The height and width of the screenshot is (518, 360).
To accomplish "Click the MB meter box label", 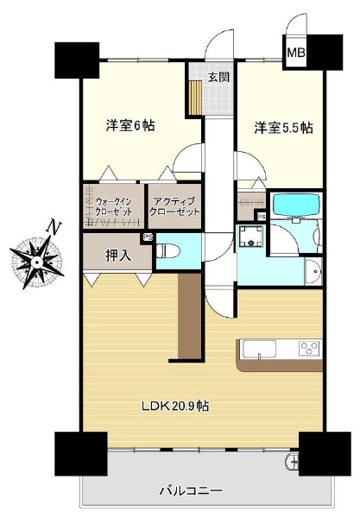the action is pyautogui.click(x=295, y=53).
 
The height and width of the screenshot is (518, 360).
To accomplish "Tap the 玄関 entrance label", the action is pyautogui.click(x=218, y=77).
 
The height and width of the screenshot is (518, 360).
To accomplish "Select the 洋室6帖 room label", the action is pyautogui.click(x=130, y=126).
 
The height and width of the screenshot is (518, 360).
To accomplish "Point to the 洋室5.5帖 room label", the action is pyautogui.click(x=283, y=128).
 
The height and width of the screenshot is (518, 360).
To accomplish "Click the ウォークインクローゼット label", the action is pyautogui.click(x=114, y=206).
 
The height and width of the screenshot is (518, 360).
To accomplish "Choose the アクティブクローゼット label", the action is pyautogui.click(x=174, y=206).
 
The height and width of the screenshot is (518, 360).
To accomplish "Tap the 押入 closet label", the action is pyautogui.click(x=118, y=255).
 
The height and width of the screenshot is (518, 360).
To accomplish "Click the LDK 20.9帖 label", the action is pyautogui.click(x=175, y=406).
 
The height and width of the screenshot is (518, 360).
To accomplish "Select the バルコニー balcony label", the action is pyautogui.click(x=191, y=490).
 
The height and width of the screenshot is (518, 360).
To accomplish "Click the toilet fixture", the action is pyautogui.click(x=167, y=252).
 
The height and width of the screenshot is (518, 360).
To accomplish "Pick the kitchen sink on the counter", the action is pyautogui.click(x=259, y=349).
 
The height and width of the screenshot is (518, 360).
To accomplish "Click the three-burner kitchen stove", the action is pyautogui.click(x=309, y=348).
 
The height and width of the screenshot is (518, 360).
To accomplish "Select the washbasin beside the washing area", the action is pyautogui.click(x=313, y=272).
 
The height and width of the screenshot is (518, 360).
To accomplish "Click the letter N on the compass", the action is pyautogui.click(x=54, y=226).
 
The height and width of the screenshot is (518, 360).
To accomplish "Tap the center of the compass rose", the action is pyautogui.click(x=37, y=262).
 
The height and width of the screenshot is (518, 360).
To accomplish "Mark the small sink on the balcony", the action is pyautogui.click(x=293, y=461).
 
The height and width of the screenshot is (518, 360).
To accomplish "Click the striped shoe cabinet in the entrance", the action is pyautogui.click(x=195, y=97).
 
